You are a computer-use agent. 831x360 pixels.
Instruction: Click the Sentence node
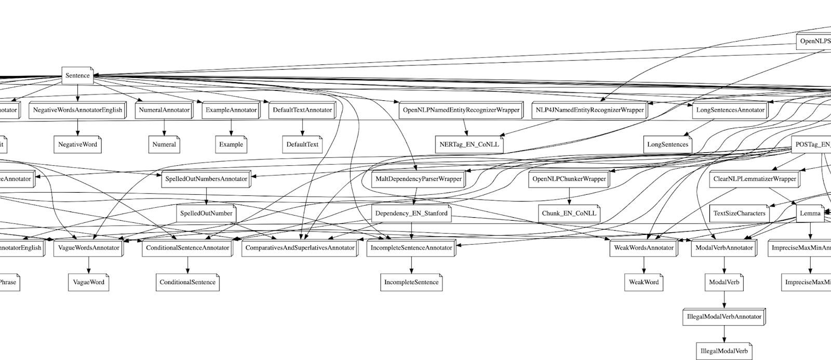77,76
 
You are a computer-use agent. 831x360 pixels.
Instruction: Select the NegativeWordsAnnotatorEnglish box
77,110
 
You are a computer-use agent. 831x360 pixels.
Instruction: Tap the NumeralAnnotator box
164,110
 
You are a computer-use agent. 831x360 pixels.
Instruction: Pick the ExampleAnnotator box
231,110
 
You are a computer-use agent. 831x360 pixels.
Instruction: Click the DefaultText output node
302,144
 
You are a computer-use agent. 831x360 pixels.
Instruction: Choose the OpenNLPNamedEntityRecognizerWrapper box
461,110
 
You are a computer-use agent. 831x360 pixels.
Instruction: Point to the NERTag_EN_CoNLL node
469,144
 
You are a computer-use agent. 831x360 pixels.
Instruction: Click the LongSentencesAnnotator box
730,110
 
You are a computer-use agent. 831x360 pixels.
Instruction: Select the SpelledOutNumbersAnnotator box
206,179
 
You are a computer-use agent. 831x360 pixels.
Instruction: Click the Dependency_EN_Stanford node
411,214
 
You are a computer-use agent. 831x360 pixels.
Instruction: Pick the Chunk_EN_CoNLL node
569,214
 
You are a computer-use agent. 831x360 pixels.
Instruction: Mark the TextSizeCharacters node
739,214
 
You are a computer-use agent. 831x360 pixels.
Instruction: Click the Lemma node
810,214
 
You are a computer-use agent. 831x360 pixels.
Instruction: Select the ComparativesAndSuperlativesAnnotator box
300,248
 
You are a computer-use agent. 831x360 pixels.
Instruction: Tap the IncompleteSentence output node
411,283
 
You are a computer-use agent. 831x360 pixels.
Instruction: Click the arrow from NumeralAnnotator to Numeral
164,127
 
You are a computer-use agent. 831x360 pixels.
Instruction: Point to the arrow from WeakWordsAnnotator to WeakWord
644,265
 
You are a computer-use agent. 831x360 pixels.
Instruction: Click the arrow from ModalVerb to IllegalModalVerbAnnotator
724,300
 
